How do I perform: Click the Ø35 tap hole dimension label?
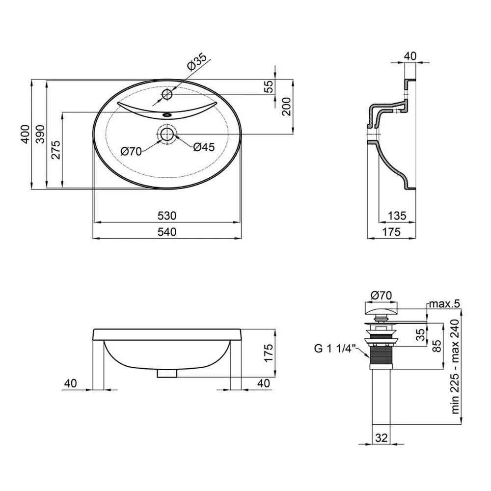click(x=197, y=62)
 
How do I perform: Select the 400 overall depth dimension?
click(x=26, y=135)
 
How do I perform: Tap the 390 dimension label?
click(x=40, y=135)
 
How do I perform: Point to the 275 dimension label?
click(x=56, y=150)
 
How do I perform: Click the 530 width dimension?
click(x=167, y=216)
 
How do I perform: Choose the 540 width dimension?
click(x=167, y=232)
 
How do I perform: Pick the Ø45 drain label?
click(x=204, y=147)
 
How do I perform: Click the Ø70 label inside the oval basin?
click(x=131, y=152)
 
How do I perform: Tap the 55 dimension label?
click(x=269, y=87)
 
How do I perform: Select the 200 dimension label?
click(x=286, y=107)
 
